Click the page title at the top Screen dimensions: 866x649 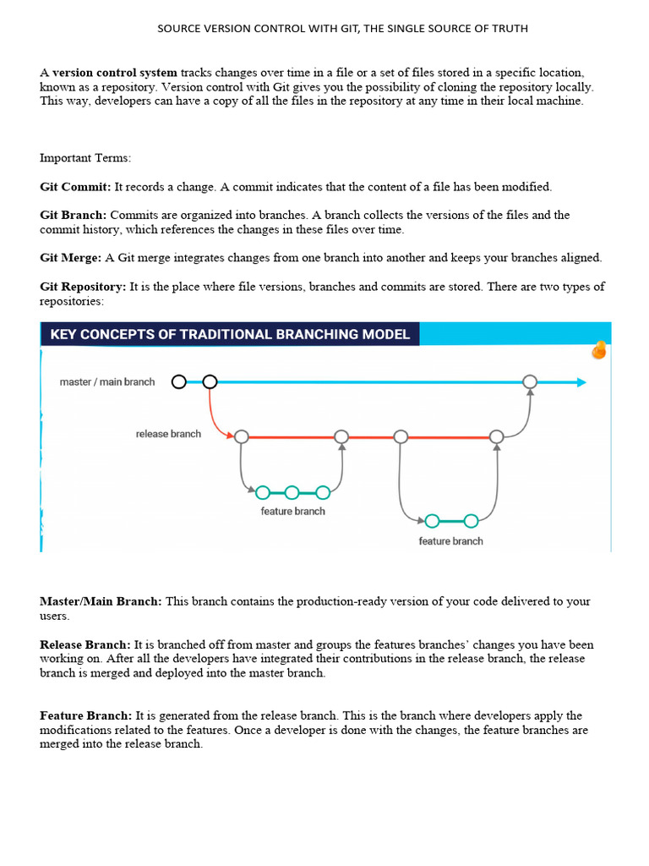(342, 29)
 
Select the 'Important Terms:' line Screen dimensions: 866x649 (85, 157)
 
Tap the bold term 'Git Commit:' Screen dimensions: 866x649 (75, 186)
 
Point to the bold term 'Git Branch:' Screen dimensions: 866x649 (73, 215)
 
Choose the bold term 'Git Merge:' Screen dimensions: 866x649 (71, 257)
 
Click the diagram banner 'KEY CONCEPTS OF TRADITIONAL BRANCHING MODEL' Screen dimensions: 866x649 (230, 334)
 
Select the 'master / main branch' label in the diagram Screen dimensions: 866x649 (107, 382)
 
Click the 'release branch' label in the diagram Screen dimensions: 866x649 (168, 434)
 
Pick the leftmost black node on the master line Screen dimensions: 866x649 (178, 382)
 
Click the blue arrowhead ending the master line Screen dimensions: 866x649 (581, 382)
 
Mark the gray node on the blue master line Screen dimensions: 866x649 (529, 382)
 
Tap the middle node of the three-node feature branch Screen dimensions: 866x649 (292, 492)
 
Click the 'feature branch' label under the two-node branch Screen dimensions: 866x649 (450, 541)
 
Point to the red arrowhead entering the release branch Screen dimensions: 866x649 (229, 436)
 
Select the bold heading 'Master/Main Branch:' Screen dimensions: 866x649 (101, 601)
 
